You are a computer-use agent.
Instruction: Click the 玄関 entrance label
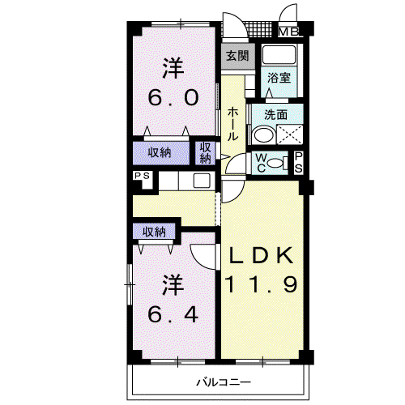[x=237, y=56]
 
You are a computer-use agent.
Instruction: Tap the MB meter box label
[x=288, y=32]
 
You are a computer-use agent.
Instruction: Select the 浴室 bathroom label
[x=279, y=78]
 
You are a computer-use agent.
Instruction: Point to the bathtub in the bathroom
[x=279, y=54]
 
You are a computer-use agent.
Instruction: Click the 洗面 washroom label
[x=275, y=115]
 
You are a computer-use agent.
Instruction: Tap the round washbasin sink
[x=264, y=134]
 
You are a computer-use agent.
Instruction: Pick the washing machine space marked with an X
[x=290, y=134]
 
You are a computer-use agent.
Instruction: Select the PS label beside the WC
[x=298, y=162]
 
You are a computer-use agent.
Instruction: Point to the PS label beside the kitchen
[x=142, y=176]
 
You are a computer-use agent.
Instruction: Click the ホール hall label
[x=232, y=124]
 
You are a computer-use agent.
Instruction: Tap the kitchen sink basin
[x=202, y=181]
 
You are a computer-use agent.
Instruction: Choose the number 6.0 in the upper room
[x=173, y=97]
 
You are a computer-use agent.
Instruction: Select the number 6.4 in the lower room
[x=173, y=314]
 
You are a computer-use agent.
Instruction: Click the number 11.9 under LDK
[x=261, y=284]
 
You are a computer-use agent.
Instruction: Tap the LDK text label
[x=261, y=255]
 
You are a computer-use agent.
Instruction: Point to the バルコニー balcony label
[x=224, y=382]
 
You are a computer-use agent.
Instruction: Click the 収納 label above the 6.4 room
[x=154, y=232]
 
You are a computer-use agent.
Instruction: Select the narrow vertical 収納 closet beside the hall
[x=205, y=153]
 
